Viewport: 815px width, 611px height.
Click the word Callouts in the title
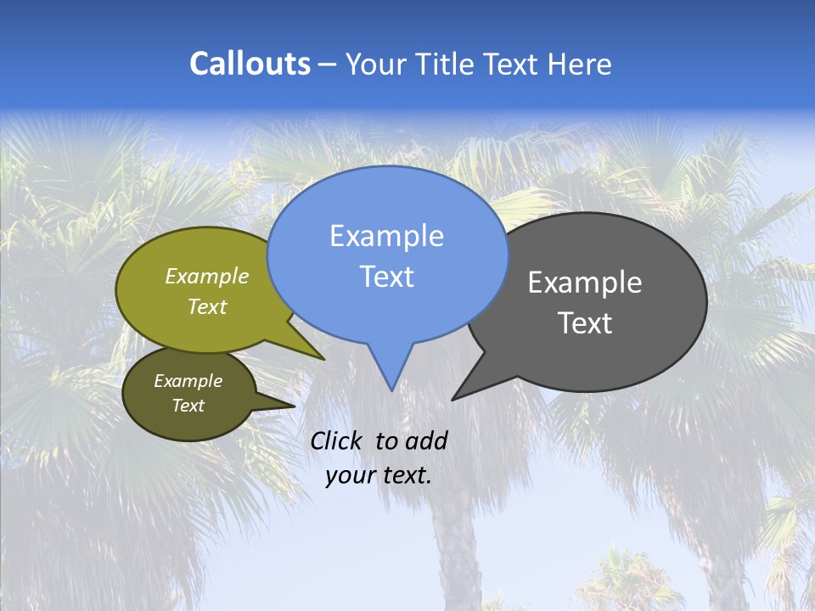250,64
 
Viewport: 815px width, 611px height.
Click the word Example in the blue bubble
386,236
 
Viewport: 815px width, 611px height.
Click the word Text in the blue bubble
386,277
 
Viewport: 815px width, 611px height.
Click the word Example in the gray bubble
585,283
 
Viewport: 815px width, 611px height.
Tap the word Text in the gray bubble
585,323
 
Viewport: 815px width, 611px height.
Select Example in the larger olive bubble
207,276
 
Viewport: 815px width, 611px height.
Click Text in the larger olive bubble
207,306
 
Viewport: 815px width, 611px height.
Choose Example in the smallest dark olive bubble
188,381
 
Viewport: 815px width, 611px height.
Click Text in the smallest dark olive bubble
188,406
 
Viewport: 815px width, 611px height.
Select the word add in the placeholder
426,440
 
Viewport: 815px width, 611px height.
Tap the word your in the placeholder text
350,475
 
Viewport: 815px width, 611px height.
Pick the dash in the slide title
329,64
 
